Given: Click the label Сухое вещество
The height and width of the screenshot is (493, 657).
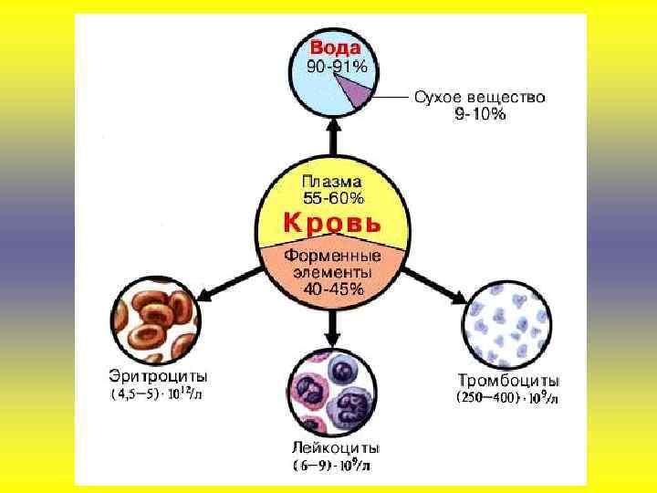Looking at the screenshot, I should (479, 97).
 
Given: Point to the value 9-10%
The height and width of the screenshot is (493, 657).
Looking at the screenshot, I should (479, 114).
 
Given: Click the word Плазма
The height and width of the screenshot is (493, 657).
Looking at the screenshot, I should (332, 183).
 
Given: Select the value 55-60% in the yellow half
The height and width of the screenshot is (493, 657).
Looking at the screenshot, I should (332, 198).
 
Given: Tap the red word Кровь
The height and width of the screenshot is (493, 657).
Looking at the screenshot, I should (332, 223).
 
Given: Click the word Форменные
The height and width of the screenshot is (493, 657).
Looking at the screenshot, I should (332, 257).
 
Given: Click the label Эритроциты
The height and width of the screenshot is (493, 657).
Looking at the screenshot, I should (159, 376).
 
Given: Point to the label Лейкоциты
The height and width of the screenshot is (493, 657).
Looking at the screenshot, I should (336, 448).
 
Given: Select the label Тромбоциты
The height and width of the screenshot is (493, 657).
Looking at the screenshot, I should (508, 380).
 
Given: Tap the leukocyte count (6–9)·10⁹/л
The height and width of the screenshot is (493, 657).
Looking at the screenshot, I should (332, 466).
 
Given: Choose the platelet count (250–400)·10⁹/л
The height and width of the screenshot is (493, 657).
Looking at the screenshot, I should (508, 398).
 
